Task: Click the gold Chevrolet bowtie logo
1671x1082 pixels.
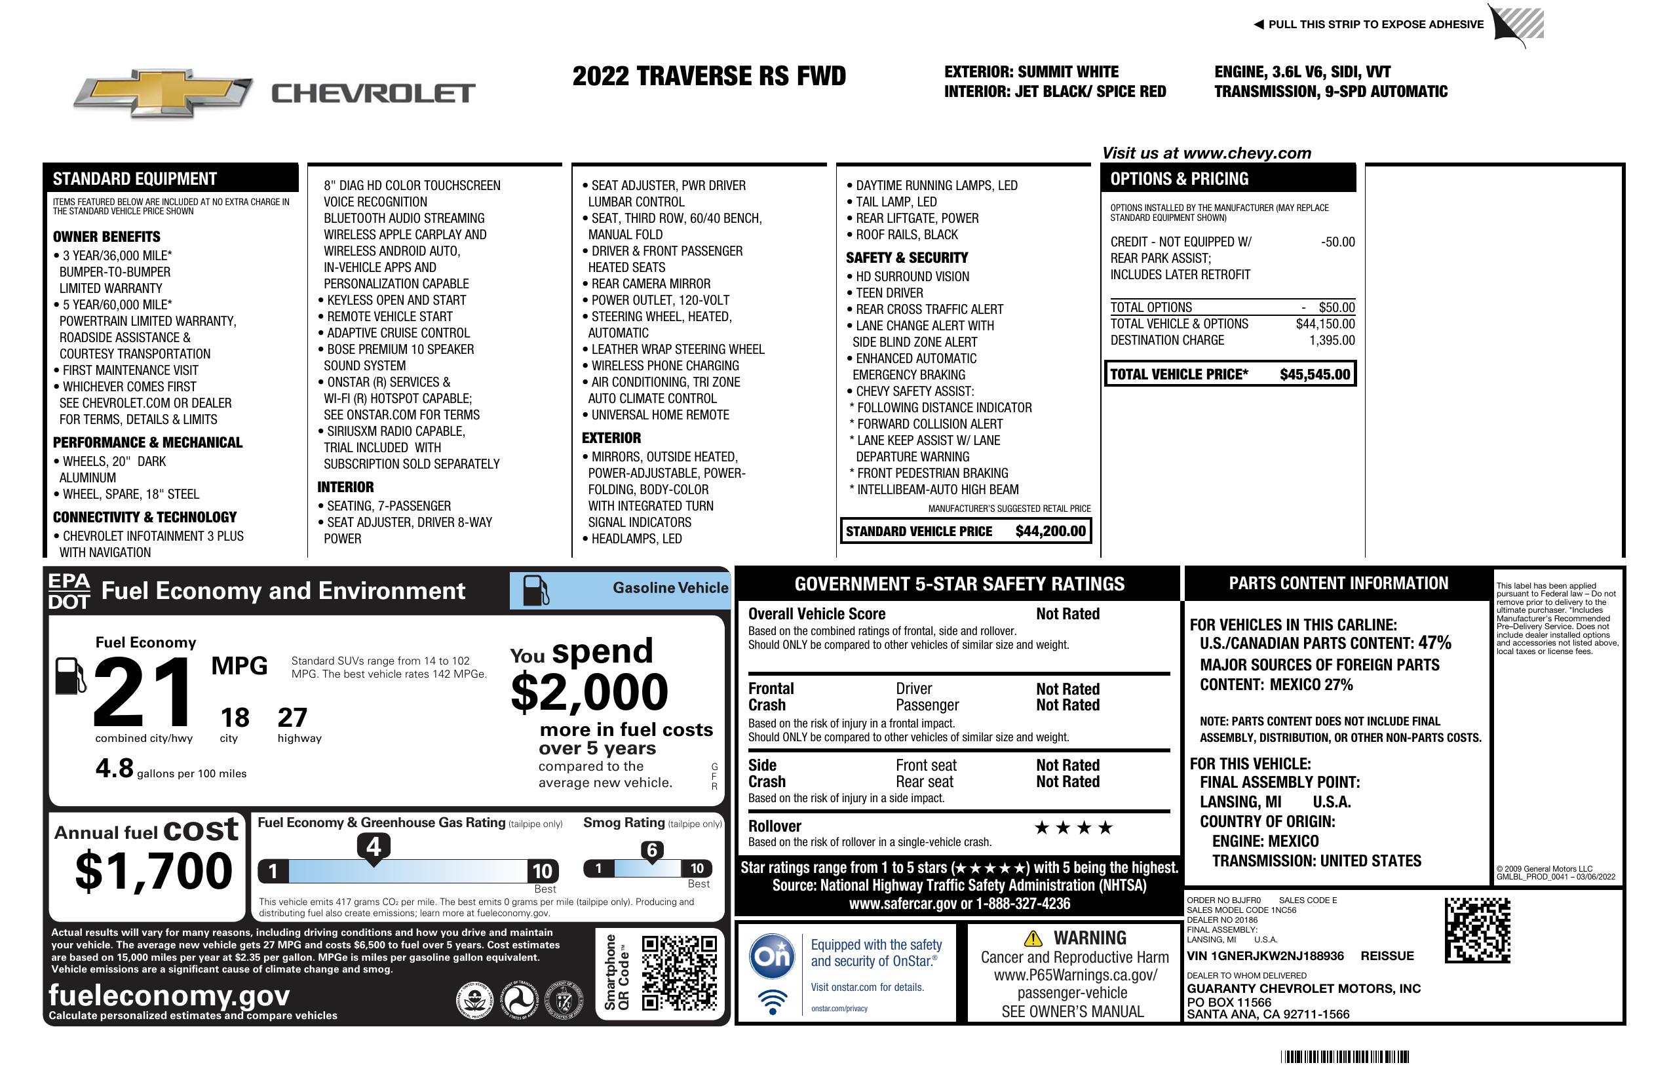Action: [163, 92]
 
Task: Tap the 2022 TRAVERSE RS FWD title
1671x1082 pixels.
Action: [708, 76]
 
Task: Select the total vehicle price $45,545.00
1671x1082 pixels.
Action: [1315, 374]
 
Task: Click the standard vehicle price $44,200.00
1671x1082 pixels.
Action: [1050, 531]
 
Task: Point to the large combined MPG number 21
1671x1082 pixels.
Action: [143, 691]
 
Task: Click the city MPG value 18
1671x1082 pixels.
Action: [235, 718]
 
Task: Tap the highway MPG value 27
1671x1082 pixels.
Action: [292, 718]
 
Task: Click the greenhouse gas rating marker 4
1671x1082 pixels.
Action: [374, 847]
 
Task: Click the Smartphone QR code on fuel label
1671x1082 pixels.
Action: [679, 972]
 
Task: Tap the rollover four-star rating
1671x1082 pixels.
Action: [1073, 828]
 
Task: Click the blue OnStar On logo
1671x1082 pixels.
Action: [772, 956]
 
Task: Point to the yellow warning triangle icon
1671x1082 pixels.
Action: [1033, 938]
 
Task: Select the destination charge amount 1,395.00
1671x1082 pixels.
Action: [1331, 341]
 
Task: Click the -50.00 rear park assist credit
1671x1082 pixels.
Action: [1337, 242]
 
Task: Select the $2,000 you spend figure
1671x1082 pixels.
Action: [589, 692]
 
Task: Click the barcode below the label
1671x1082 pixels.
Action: [1345, 1056]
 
